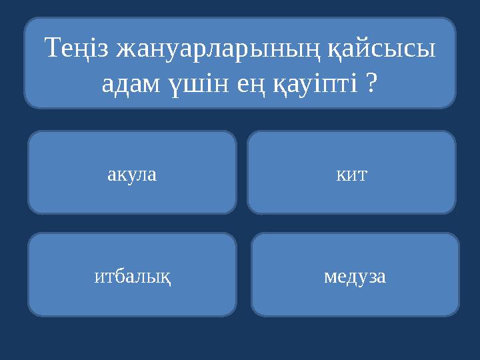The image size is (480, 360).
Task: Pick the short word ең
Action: point(244,85)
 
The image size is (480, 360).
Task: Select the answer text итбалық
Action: point(132,276)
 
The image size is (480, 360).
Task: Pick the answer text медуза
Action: point(355,275)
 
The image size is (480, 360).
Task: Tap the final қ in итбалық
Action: point(165,277)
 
